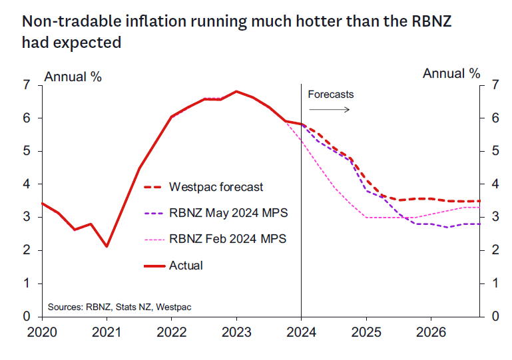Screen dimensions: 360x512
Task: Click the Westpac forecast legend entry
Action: click(x=216, y=187)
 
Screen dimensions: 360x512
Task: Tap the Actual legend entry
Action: click(x=186, y=265)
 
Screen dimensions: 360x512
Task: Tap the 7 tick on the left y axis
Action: click(x=27, y=85)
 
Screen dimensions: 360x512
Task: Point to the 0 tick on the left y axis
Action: click(x=27, y=316)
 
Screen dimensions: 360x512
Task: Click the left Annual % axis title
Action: click(x=73, y=77)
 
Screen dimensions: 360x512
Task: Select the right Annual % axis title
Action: click(x=451, y=73)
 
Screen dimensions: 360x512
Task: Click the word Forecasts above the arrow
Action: click(x=330, y=94)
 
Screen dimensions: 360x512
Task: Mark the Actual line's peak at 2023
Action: click(x=236, y=91)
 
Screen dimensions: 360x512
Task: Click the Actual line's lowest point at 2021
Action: click(x=107, y=246)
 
